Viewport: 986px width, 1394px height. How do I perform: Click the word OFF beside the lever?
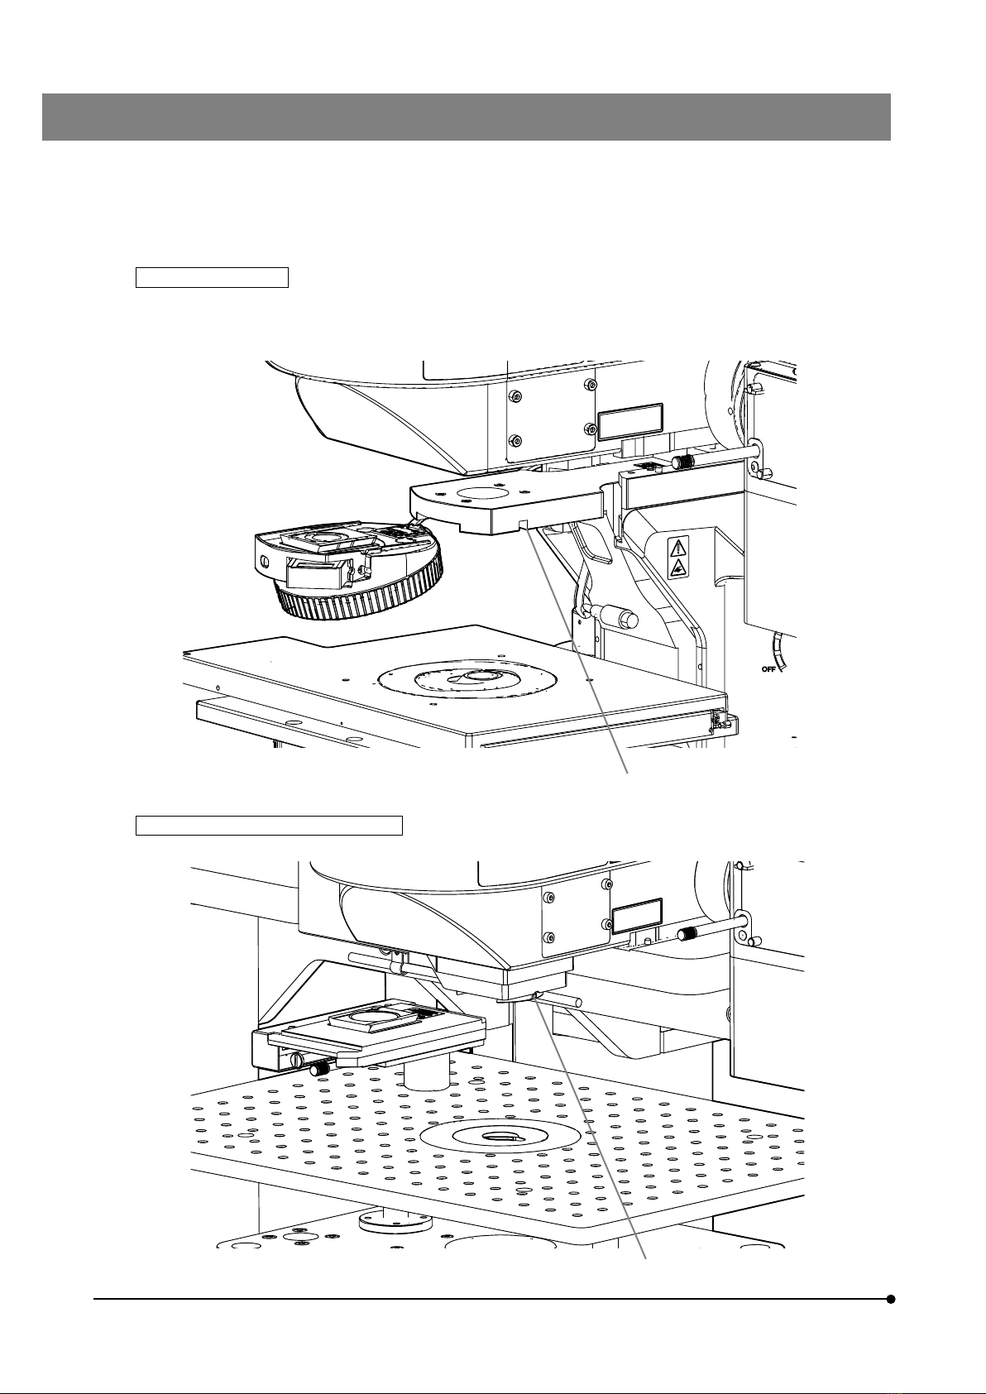[x=769, y=669]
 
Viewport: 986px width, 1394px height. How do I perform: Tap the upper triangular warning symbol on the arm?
[x=677, y=548]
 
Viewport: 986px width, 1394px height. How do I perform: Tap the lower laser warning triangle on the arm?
[x=677, y=567]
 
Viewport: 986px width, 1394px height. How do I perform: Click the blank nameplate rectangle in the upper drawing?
[x=630, y=422]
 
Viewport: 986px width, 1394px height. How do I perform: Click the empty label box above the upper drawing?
[x=212, y=277]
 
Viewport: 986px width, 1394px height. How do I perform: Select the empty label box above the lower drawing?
[x=270, y=825]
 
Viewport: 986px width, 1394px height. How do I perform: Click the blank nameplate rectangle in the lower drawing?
[x=638, y=917]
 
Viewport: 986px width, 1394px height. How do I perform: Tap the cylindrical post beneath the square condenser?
[x=427, y=1075]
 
